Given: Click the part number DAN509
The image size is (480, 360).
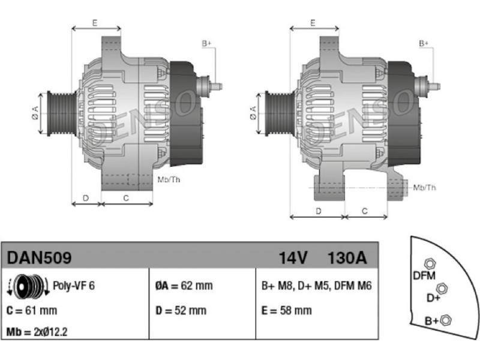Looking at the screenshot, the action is (39, 258).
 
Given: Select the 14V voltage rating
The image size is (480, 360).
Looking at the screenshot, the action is (293, 258).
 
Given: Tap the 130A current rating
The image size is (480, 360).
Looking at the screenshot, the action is (347, 258).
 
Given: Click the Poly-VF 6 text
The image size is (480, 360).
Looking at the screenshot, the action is (74, 286).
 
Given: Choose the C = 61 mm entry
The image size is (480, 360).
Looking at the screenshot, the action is (32, 310).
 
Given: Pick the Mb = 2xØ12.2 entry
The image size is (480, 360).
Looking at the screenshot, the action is (37, 332).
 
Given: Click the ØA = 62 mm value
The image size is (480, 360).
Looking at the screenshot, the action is (184, 286).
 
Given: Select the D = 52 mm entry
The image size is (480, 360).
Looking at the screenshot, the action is (181, 310).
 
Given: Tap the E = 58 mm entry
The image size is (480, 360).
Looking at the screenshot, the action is (287, 310).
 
